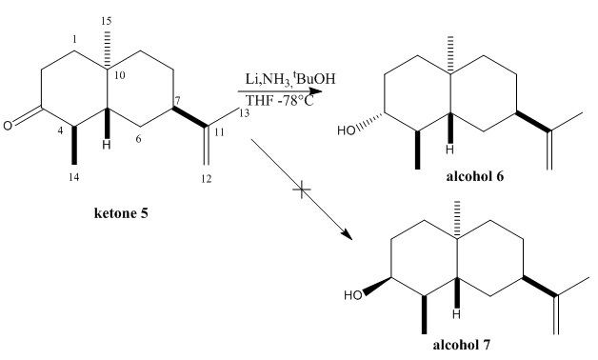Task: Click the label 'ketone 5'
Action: tap(121, 212)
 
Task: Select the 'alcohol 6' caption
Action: tap(474, 176)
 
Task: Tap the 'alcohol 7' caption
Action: tap(461, 345)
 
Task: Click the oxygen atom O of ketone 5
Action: tap(8, 126)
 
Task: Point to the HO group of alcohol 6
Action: tap(346, 130)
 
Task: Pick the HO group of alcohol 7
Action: tap(352, 295)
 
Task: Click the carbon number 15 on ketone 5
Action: tap(107, 21)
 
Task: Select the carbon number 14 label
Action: tap(74, 177)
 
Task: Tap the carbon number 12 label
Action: tap(207, 178)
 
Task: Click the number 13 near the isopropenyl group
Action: tap(244, 113)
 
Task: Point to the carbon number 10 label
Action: tap(119, 75)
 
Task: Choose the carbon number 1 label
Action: tap(74, 39)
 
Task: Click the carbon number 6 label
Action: tap(138, 139)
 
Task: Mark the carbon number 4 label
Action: tap(60, 130)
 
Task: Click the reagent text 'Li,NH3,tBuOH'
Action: tap(290, 79)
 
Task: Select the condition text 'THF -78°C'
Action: tap(280, 100)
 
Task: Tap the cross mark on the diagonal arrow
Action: tap(301, 190)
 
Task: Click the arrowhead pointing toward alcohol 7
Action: tap(347, 234)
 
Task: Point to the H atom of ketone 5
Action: tap(108, 145)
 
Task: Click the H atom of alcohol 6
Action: tap(450, 150)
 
